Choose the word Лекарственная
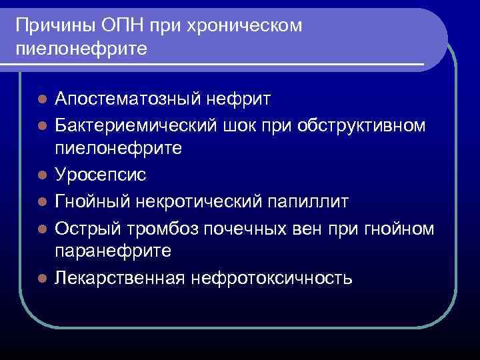coord(119,277)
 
